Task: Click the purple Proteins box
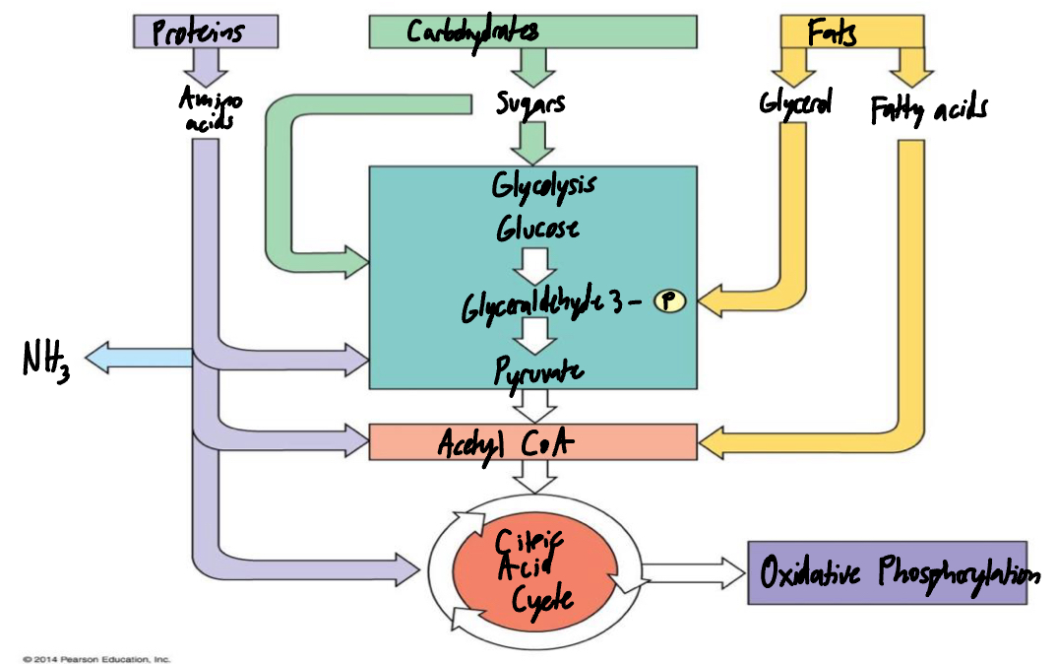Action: pos(205,32)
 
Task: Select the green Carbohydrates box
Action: pos(532,32)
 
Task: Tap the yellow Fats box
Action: pos(852,32)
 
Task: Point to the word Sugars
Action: pos(531,102)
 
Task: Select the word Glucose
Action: pos(537,230)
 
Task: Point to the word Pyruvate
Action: pos(538,372)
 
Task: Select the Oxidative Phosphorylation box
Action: pos(887,572)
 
